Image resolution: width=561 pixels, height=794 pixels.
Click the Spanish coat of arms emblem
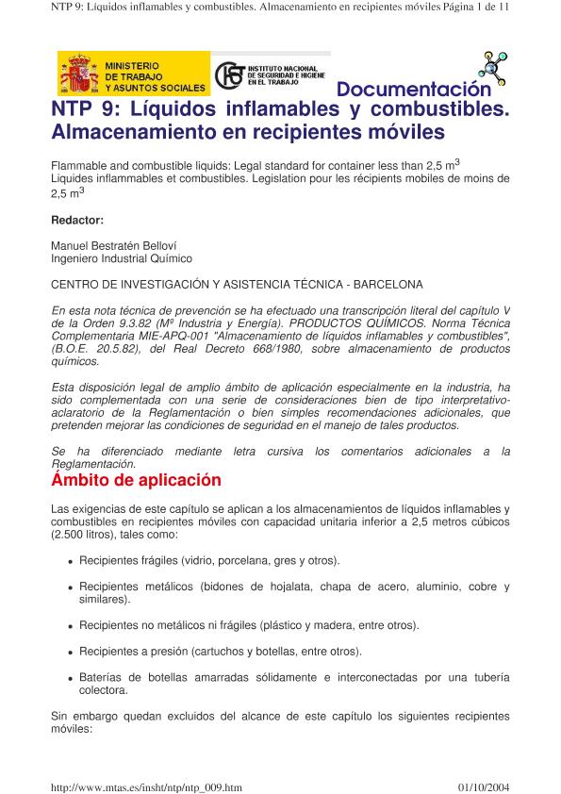(79, 74)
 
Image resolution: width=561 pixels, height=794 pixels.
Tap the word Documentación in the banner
(414, 90)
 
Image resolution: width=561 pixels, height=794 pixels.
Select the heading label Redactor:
(76, 220)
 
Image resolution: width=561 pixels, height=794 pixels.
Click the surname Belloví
(167, 245)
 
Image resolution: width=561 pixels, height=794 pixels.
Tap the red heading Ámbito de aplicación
(136, 480)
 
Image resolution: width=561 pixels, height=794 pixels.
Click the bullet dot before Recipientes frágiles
(71, 562)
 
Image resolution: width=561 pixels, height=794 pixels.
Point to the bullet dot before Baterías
(71, 679)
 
